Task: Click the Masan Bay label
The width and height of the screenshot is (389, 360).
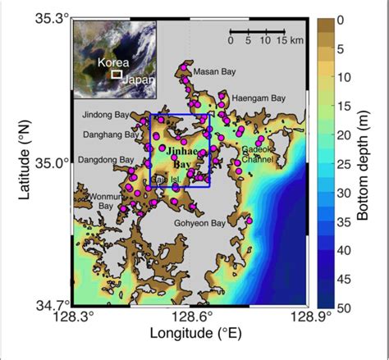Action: (x=208, y=71)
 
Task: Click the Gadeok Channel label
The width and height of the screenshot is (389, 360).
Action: (x=259, y=155)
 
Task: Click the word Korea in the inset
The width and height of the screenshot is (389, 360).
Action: (x=112, y=62)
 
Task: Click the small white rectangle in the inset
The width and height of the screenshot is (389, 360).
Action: (x=117, y=74)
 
